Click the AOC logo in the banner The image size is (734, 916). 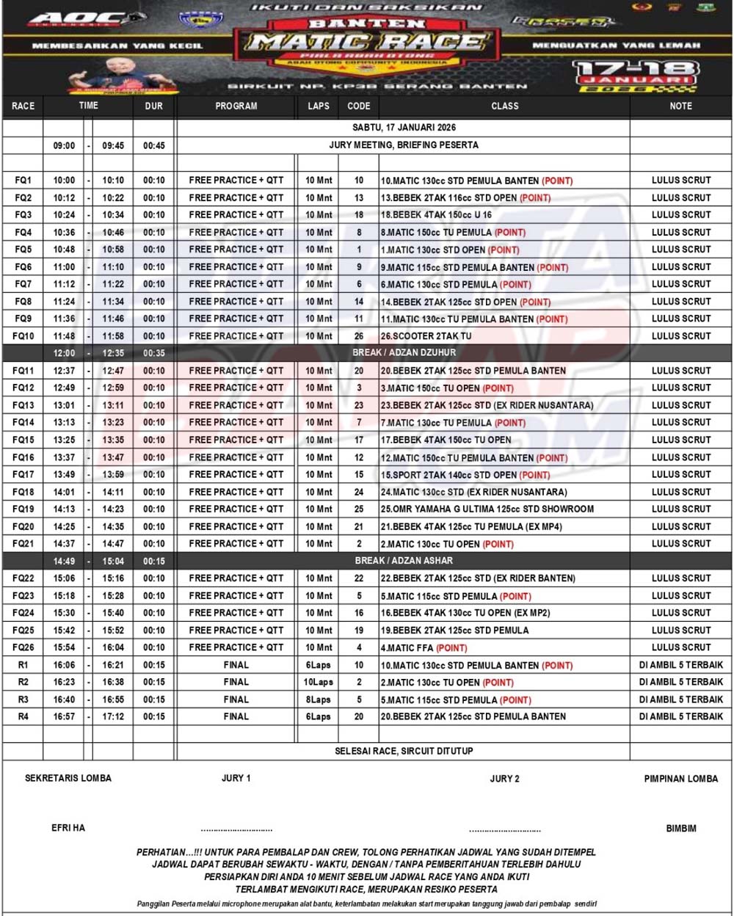77,19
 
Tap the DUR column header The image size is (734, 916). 154,106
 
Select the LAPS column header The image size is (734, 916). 319,106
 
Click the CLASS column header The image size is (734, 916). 504,106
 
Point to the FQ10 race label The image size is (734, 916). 23,336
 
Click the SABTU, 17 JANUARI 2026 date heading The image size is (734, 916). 404,128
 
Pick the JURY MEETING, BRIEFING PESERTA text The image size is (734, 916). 404,145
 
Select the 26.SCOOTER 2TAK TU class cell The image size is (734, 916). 426,336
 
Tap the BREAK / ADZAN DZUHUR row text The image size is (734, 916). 404,353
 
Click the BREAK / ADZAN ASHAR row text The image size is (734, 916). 404,561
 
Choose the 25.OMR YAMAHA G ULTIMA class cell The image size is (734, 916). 487,509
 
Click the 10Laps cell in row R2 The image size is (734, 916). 319,683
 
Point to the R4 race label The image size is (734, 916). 23,717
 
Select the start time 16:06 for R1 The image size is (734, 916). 64,665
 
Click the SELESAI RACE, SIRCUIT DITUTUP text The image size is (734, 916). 404,752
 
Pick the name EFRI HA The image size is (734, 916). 68,828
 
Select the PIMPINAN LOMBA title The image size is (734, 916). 681,779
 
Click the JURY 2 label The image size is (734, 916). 504,779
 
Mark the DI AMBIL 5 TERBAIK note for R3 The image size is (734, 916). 681,699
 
